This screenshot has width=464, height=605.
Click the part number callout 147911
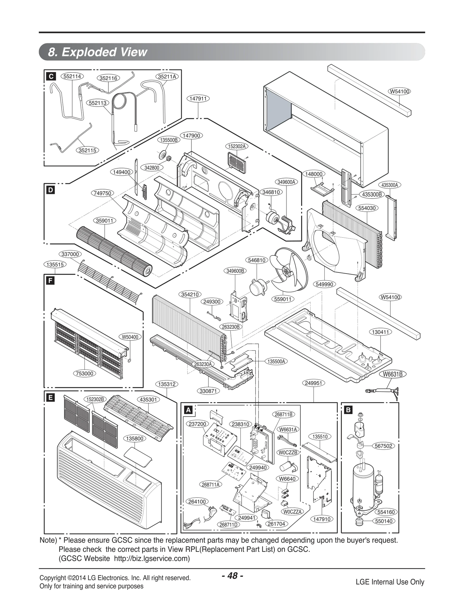pyautogui.click(x=198, y=99)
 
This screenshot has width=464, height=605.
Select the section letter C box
pyautogui.click(x=51, y=76)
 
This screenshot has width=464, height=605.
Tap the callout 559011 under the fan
pyautogui.click(x=282, y=299)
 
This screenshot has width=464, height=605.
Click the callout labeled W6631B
pyautogui.click(x=393, y=374)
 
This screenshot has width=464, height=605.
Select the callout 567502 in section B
pyautogui.click(x=383, y=446)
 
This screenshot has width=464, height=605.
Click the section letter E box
pyautogui.click(x=51, y=397)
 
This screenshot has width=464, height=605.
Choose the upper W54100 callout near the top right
pyautogui.click(x=399, y=91)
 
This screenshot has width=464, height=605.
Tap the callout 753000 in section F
pyautogui.click(x=85, y=373)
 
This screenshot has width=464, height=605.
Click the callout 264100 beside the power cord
pyautogui.click(x=197, y=501)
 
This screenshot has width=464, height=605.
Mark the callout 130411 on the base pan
pyautogui.click(x=380, y=332)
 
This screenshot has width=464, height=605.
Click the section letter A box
pyautogui.click(x=188, y=410)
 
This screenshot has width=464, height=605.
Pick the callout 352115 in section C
pyautogui.click(x=88, y=150)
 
